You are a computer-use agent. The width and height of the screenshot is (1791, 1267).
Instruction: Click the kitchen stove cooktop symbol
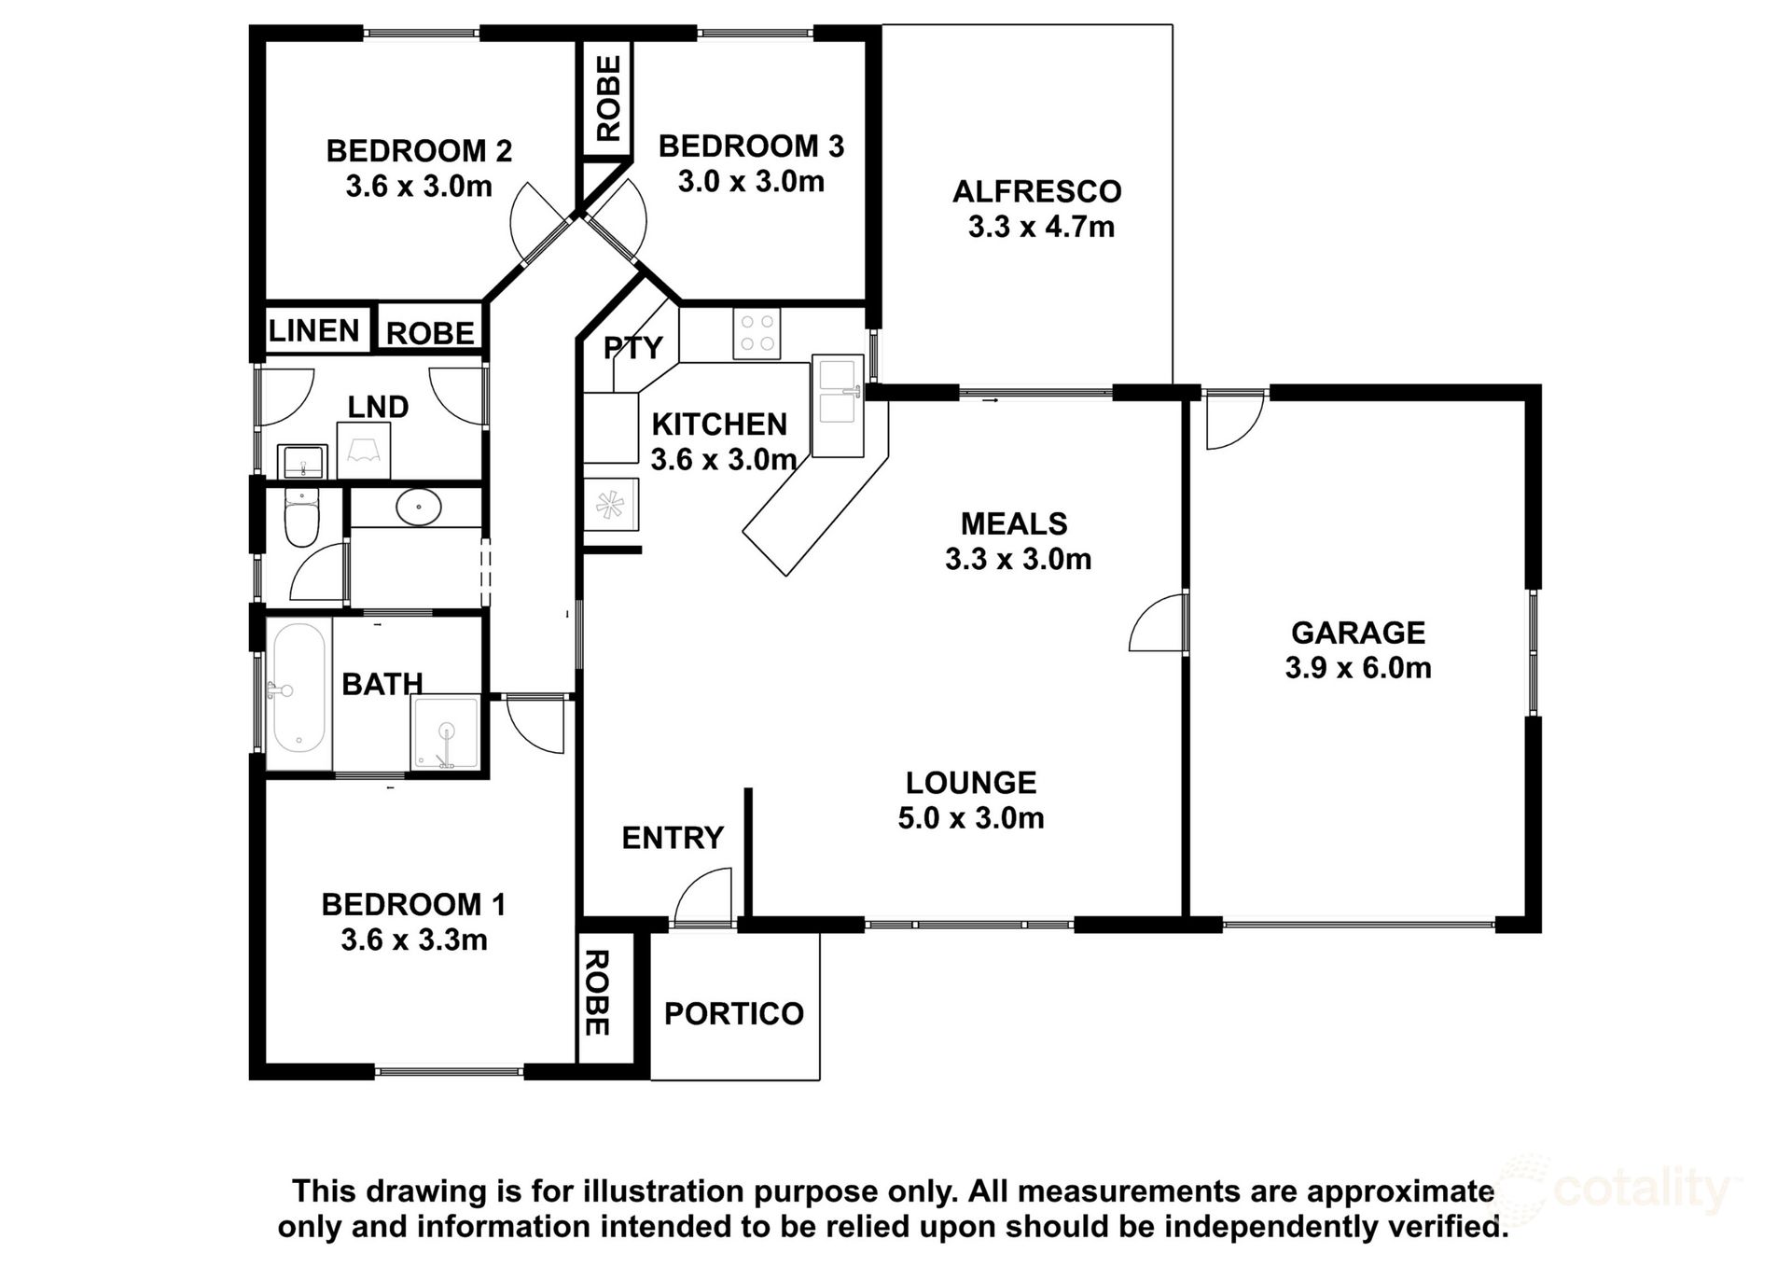pyautogui.click(x=757, y=334)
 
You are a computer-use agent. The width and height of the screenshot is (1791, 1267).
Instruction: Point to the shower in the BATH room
pyautogui.click(x=447, y=733)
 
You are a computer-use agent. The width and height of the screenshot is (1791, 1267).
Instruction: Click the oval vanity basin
pyautogui.click(x=419, y=508)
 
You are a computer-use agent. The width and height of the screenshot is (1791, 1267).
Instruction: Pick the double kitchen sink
pyautogui.click(x=837, y=406)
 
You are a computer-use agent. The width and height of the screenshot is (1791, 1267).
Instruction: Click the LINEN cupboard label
pyautogui.click(x=314, y=331)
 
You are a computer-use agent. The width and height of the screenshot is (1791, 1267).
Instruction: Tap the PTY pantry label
pyautogui.click(x=632, y=348)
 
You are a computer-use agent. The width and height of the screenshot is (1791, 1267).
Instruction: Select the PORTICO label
pyautogui.click(x=734, y=1013)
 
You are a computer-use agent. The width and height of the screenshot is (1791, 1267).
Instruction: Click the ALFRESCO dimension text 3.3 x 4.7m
pyautogui.click(x=1041, y=227)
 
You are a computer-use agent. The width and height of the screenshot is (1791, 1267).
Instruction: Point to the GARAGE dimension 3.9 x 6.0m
pyautogui.click(x=1358, y=668)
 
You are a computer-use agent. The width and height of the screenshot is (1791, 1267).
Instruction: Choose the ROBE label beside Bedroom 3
pyautogui.click(x=608, y=99)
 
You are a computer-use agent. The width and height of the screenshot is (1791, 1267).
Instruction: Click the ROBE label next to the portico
pyautogui.click(x=595, y=993)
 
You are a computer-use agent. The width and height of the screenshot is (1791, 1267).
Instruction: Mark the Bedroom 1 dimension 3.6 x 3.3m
pyautogui.click(x=414, y=940)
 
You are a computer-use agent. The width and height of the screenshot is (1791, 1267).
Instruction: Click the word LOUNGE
pyautogui.click(x=971, y=783)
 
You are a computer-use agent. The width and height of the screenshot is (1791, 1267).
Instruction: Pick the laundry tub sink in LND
pyautogui.click(x=302, y=461)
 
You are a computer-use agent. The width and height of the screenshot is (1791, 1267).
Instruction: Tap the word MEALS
pyautogui.click(x=1014, y=523)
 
